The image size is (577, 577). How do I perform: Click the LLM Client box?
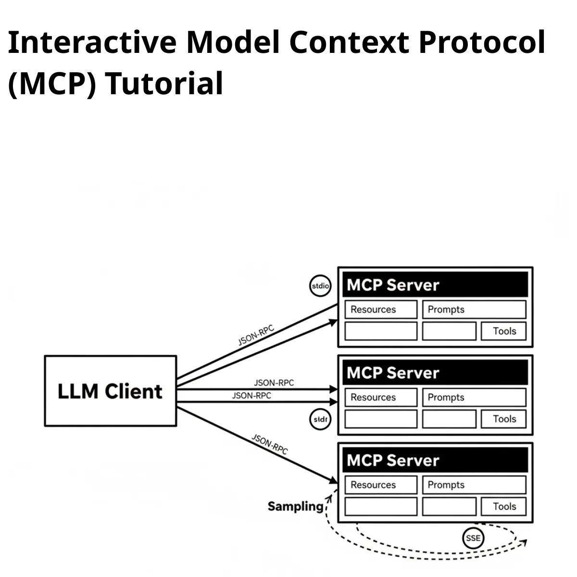(110, 391)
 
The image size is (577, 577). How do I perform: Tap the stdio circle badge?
(320, 286)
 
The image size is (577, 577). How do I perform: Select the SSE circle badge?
(473, 538)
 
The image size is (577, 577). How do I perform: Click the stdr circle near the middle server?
(320, 419)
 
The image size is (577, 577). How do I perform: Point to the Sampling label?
(296, 506)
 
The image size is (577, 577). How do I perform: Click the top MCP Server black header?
(435, 285)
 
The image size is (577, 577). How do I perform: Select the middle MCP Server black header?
(435, 373)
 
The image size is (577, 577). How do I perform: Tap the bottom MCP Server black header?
(435, 460)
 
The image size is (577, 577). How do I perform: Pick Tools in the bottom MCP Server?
(503, 506)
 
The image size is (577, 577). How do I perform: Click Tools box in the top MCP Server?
(503, 331)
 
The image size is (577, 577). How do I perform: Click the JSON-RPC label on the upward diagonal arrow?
(256, 335)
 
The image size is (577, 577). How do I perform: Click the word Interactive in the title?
(92, 42)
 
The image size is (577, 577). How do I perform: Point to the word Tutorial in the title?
(164, 83)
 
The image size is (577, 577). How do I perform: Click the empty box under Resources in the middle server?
(380, 419)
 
